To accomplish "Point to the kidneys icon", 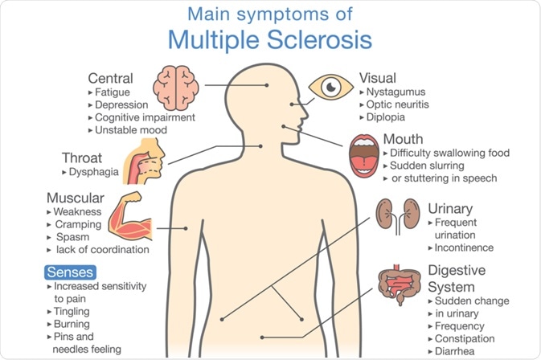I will (x=400, y=215).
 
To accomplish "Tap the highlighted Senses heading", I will (x=70, y=272).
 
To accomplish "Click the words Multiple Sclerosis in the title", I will (x=270, y=38).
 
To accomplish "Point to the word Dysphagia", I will (x=93, y=172).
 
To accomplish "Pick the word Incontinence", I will (x=465, y=247).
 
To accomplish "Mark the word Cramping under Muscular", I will (x=79, y=224).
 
